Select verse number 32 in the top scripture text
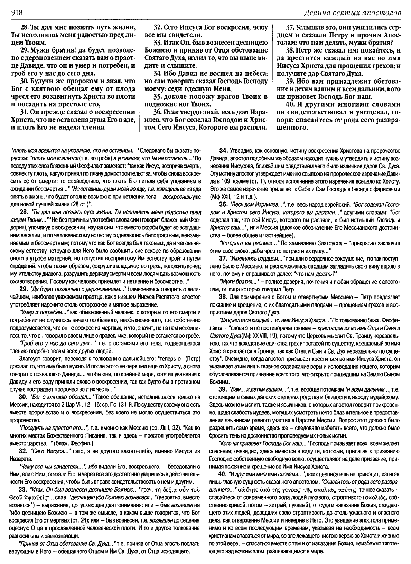pyautogui.click(x=158, y=27)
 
